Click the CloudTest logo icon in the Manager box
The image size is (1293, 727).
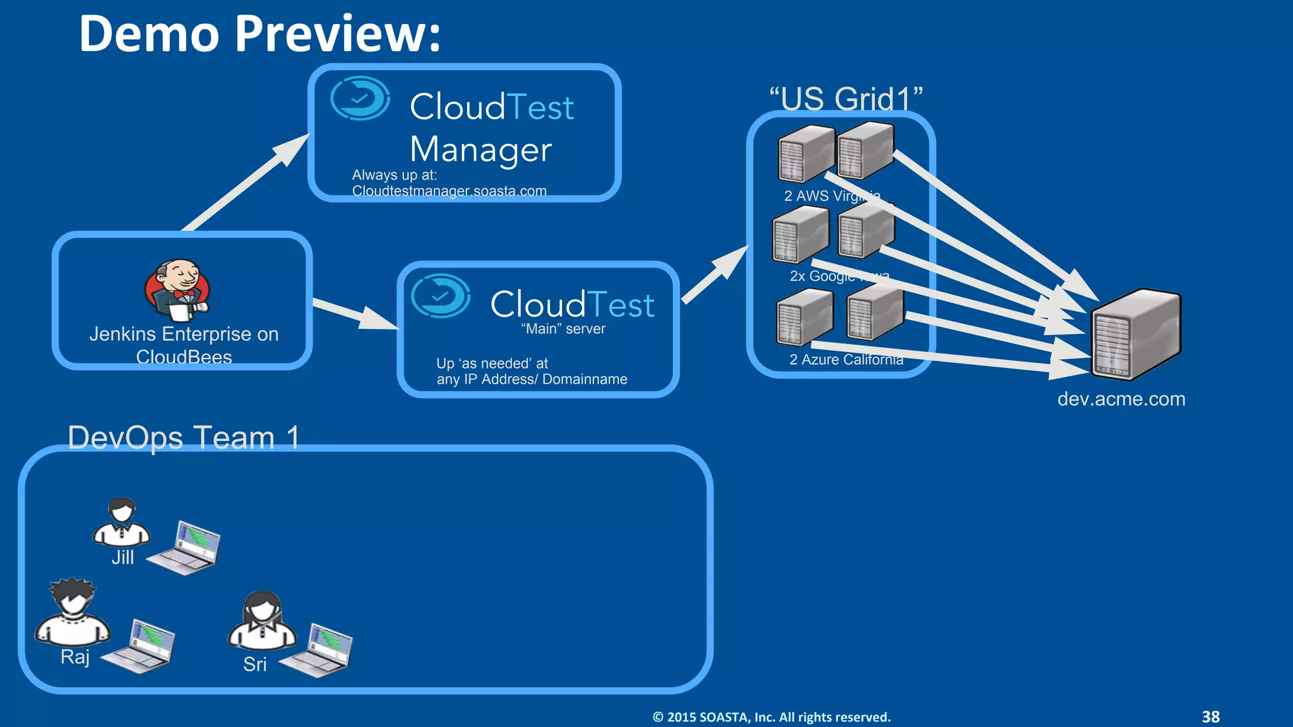coord(360,98)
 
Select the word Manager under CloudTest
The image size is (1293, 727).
coord(480,150)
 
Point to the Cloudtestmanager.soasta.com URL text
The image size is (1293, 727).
coord(449,191)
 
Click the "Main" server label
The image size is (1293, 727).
coord(563,329)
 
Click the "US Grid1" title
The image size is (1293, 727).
coord(845,98)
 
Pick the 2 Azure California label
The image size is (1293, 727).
coord(845,360)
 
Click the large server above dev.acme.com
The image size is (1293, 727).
coord(1135,334)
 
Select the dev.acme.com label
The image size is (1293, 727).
coord(1121,399)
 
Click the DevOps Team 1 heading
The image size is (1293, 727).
coord(183,437)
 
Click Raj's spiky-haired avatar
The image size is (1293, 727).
coord(73,611)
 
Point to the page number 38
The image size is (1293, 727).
coord(1210,717)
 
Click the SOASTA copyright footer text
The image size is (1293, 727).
coord(771,717)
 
